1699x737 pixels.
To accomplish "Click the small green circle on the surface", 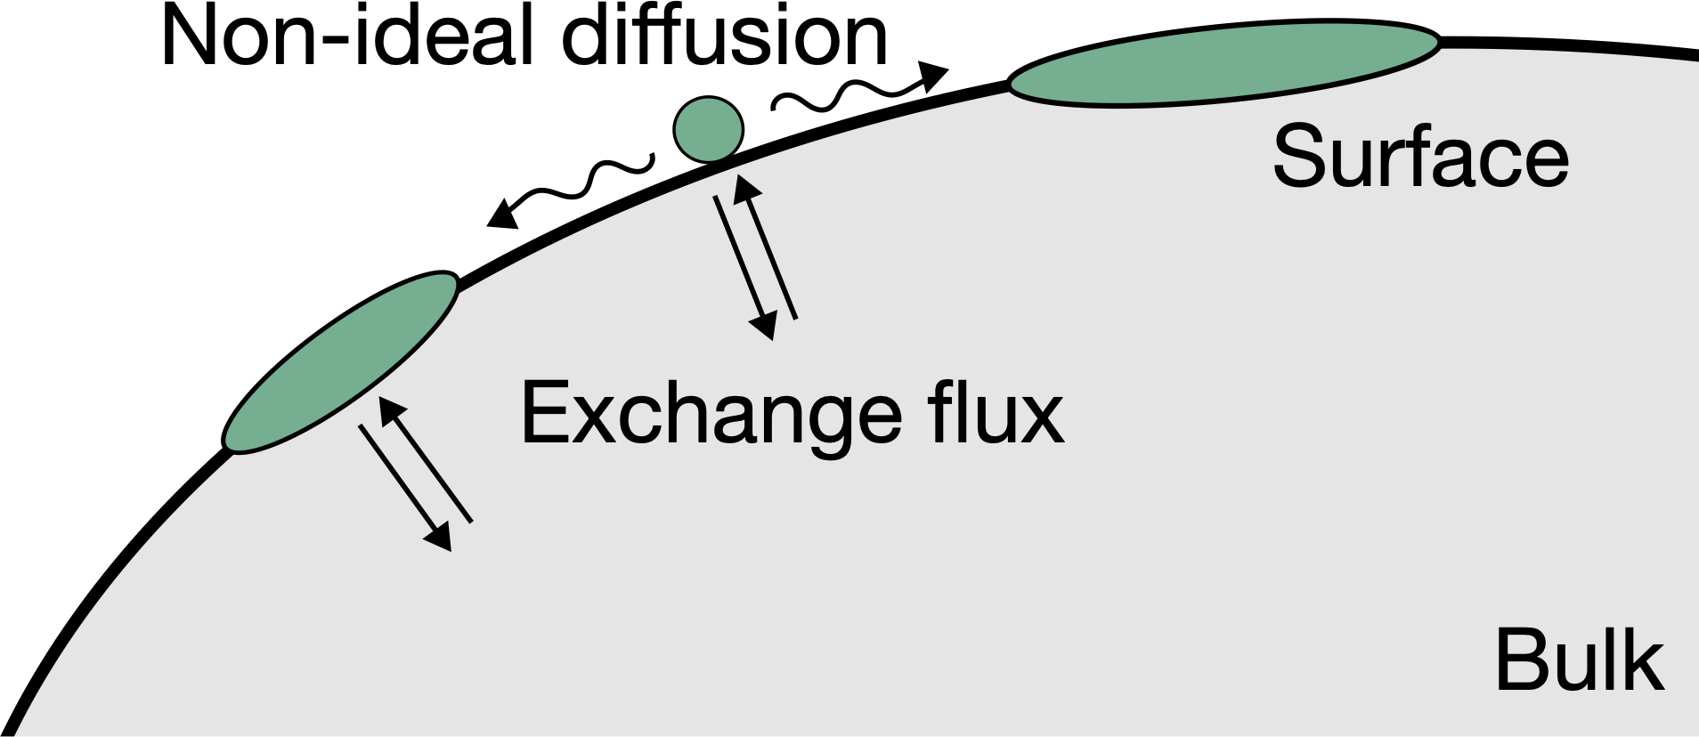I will click(x=707, y=130).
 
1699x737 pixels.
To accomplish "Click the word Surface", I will click(x=1419, y=158).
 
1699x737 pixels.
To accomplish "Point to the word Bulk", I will click(x=1579, y=661).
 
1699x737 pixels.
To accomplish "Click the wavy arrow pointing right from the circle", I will click(x=855, y=89).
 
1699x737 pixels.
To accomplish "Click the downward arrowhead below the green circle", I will click(x=762, y=326).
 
